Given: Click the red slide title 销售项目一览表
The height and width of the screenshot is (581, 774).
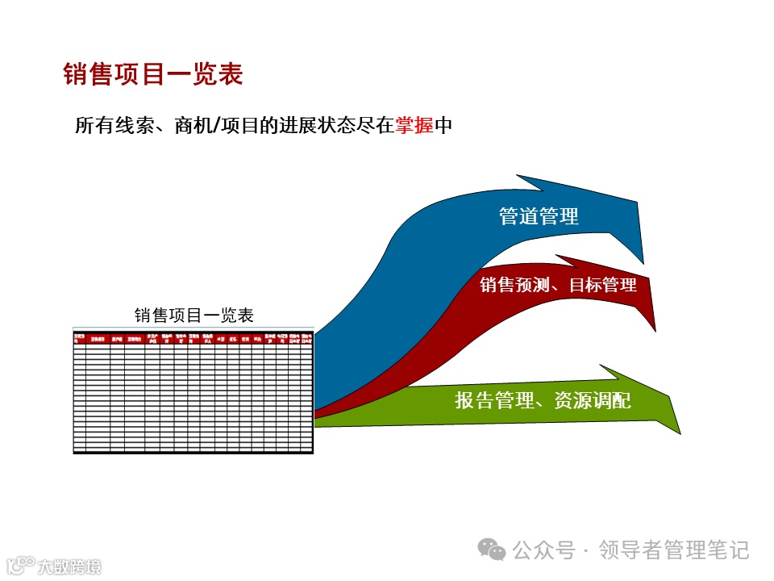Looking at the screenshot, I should (153, 74).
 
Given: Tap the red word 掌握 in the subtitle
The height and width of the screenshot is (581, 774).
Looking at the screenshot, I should (414, 126).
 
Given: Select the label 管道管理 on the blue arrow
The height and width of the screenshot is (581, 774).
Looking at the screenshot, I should (539, 216).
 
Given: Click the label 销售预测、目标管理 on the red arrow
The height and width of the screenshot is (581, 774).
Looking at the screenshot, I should (558, 285).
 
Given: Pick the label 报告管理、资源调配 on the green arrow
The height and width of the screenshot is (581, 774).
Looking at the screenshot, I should (543, 400).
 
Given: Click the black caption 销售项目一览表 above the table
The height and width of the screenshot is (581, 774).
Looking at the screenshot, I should (193, 315).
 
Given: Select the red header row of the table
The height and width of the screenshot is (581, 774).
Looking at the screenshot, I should (193, 338).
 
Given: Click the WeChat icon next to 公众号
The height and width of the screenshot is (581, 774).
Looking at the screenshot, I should (493, 550).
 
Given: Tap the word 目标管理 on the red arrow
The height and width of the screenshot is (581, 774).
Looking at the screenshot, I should (603, 285).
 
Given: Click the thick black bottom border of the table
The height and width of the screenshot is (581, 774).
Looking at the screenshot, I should (193, 452).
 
